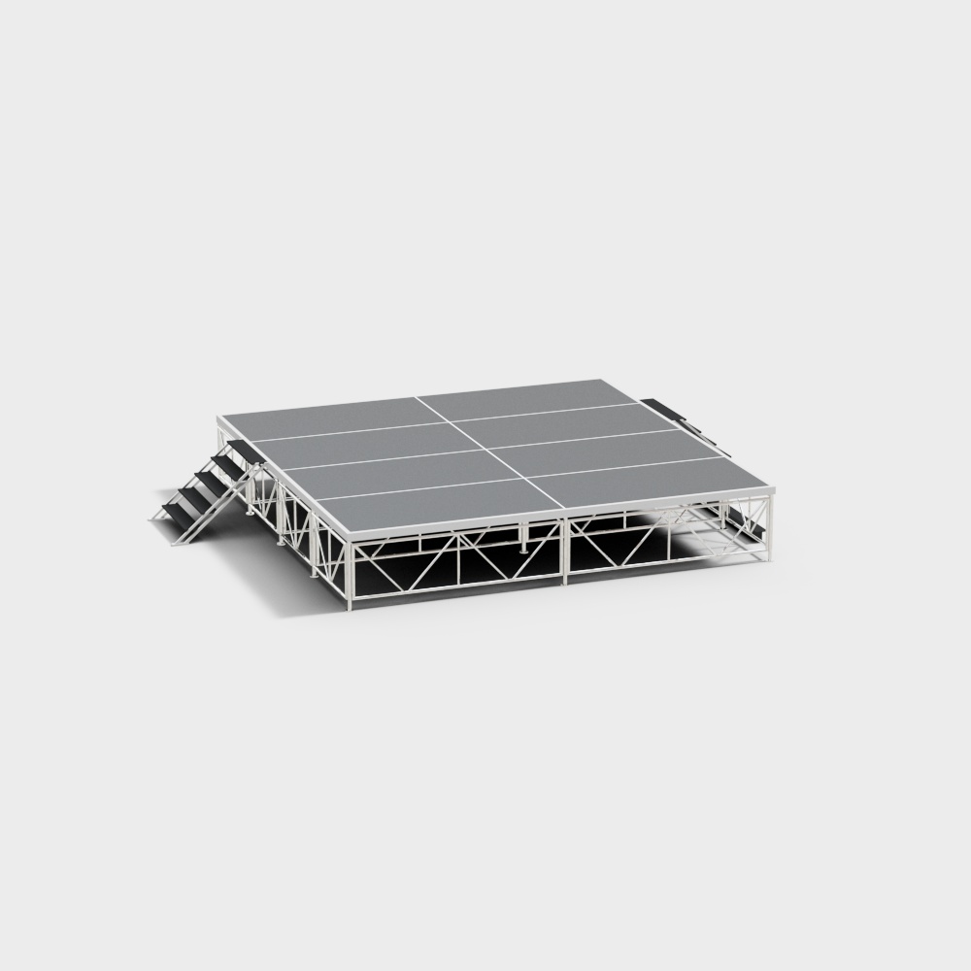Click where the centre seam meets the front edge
[x=564, y=509]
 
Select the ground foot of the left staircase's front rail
[x=175, y=543]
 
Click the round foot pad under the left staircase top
[x=251, y=512]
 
